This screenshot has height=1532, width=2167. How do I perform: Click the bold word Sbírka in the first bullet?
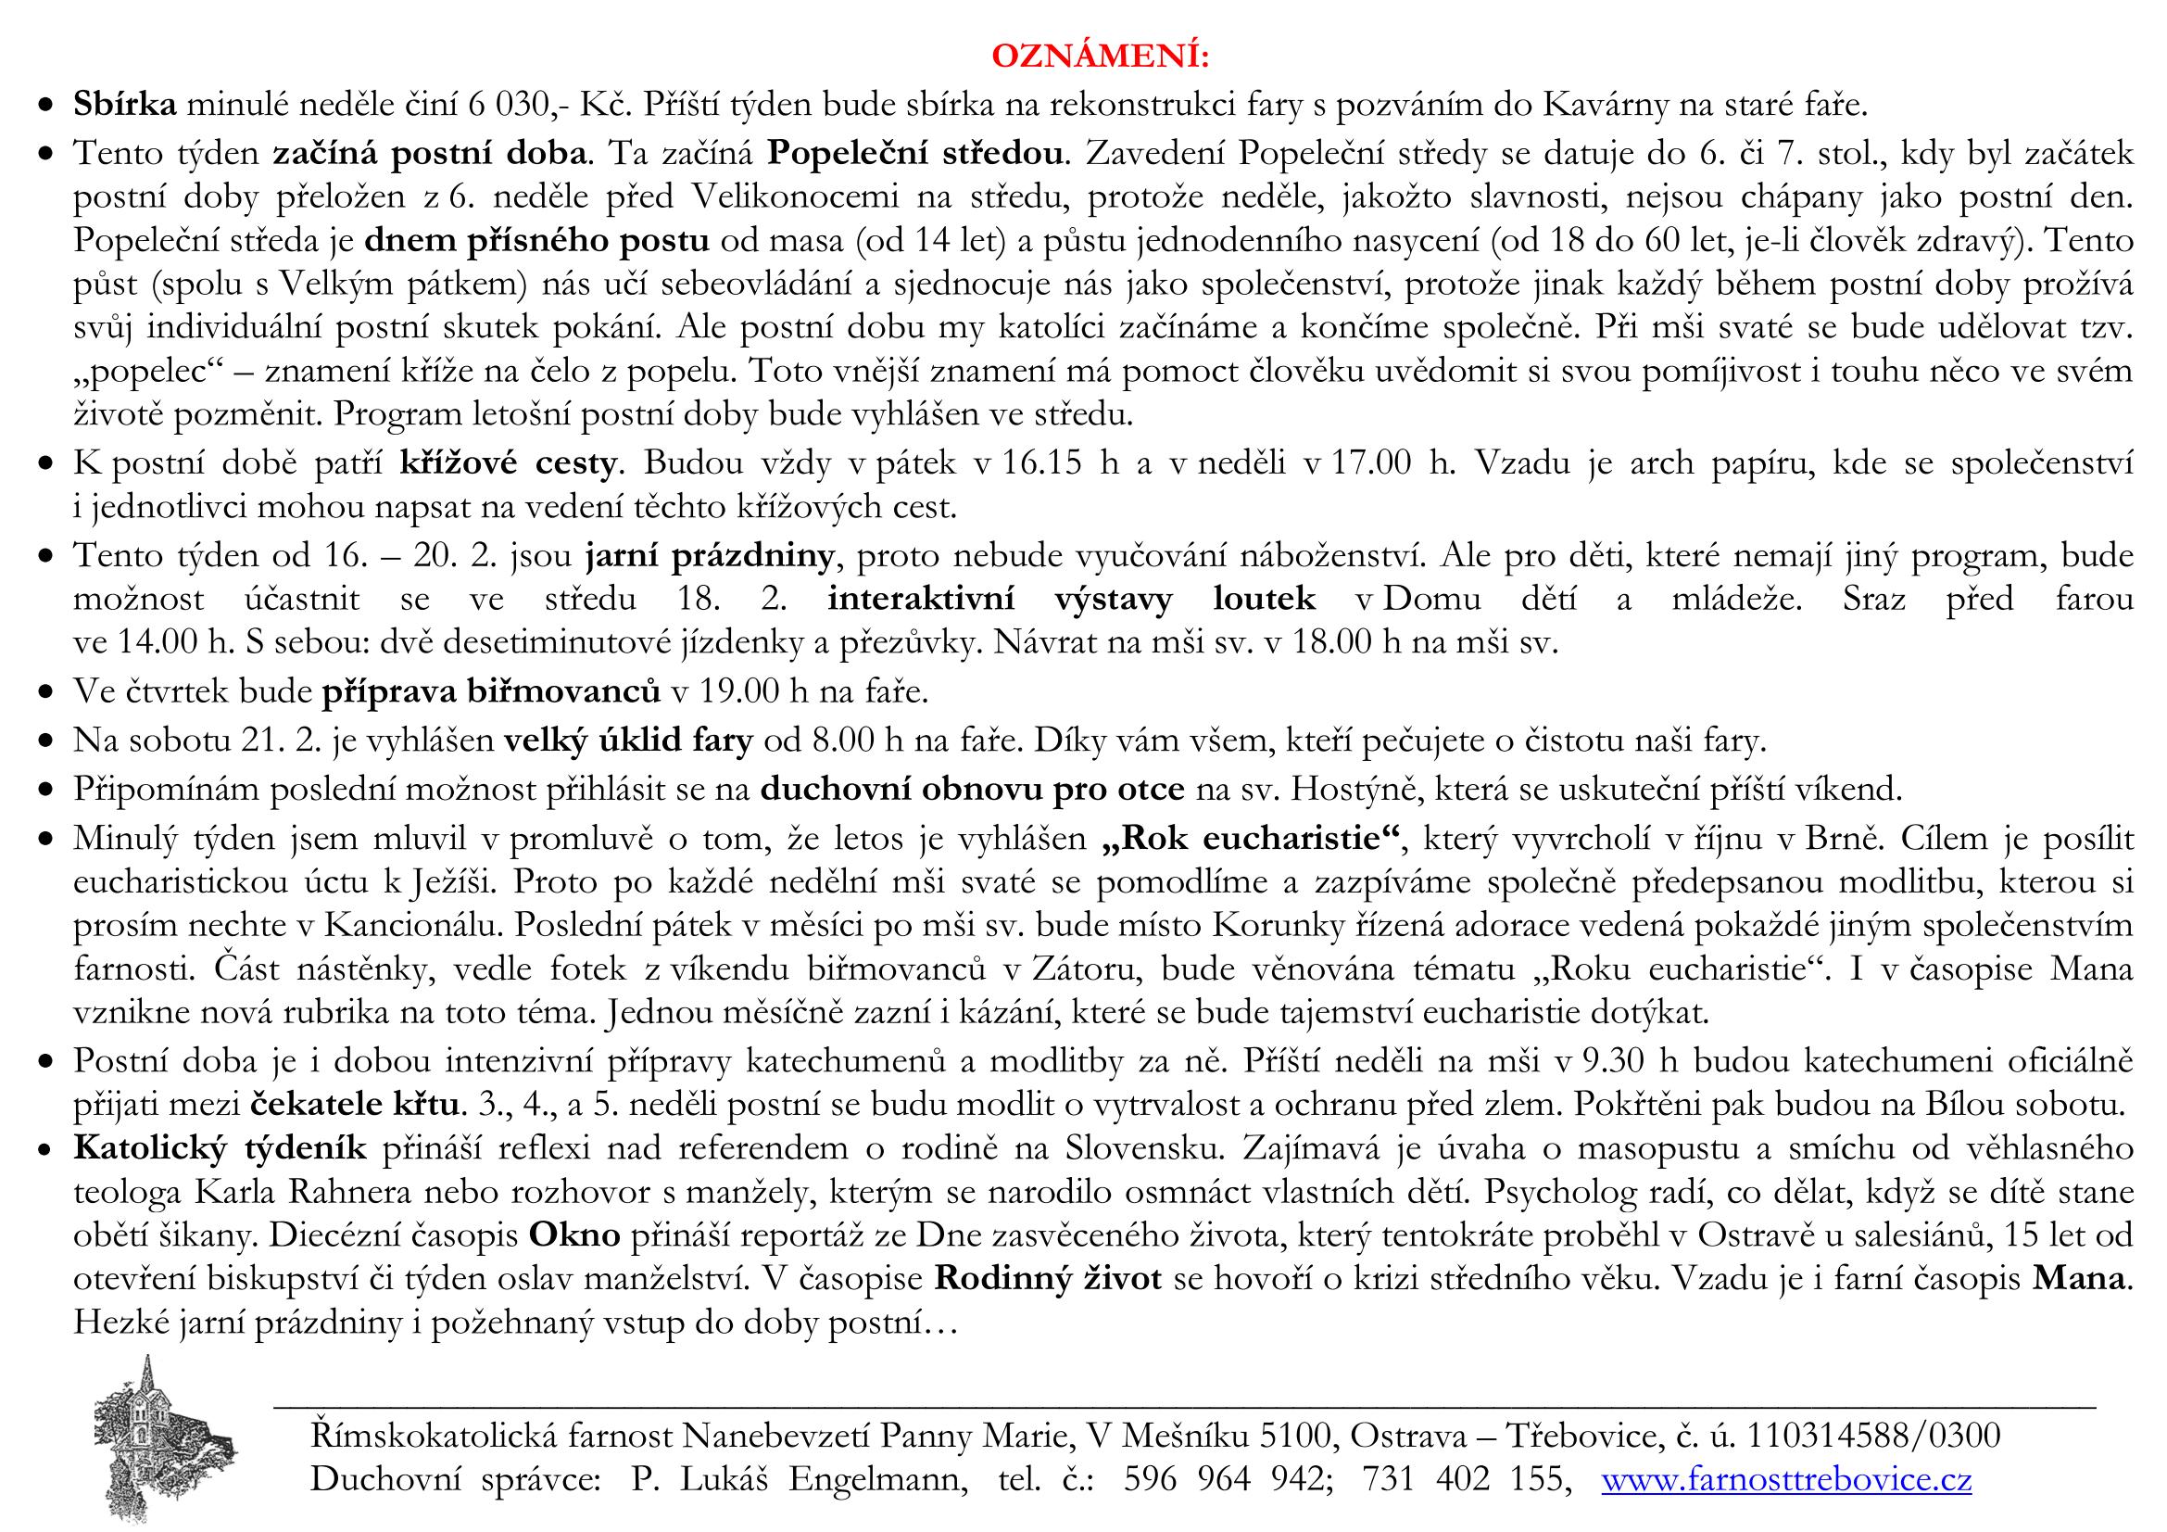(125, 105)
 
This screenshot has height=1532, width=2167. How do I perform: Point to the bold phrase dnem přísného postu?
(536, 241)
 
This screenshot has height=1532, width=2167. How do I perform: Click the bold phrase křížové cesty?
(509, 462)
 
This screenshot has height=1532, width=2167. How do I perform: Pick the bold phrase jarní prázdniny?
(710, 555)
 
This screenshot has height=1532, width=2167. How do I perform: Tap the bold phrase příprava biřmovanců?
(491, 692)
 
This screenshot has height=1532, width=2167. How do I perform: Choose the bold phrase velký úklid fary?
(627, 741)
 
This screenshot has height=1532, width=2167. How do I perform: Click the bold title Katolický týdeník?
(220, 1147)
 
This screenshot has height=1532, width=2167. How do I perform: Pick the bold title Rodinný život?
(1048, 1279)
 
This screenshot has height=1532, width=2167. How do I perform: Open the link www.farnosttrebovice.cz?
(1786, 1479)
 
